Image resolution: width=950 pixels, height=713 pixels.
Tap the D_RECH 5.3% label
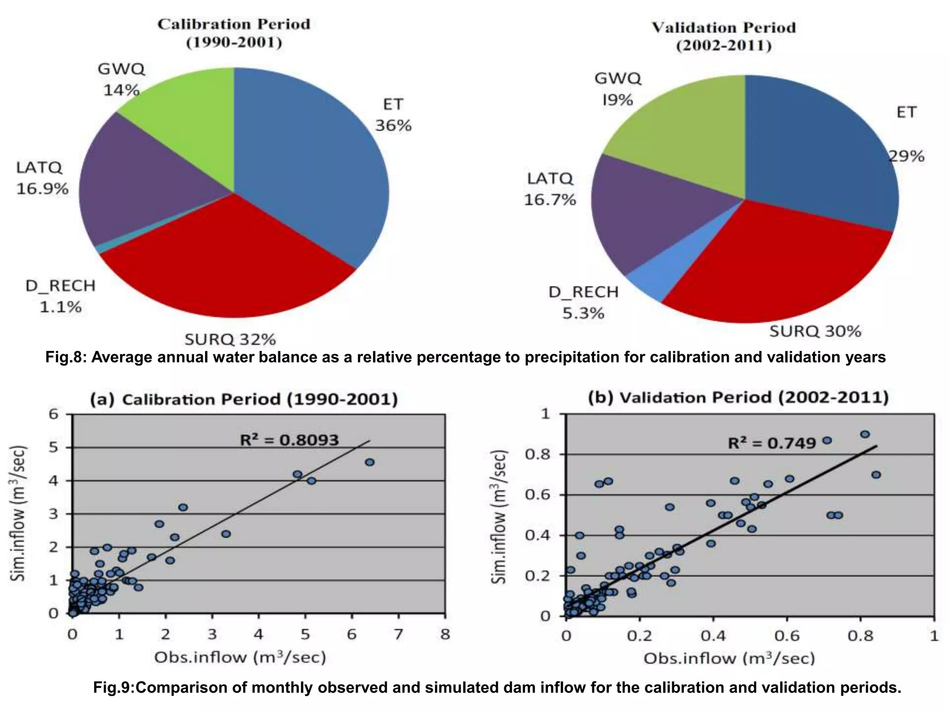584,303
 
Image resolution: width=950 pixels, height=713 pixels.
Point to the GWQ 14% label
122,79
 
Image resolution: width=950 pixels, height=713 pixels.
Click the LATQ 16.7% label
550,189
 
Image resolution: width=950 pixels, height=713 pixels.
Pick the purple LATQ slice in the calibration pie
139,186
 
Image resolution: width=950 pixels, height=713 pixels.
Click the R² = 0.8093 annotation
289,440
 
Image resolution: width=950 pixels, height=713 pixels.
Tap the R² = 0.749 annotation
771,443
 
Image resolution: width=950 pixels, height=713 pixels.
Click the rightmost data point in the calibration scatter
370,462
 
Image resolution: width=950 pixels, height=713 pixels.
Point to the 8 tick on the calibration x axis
445,634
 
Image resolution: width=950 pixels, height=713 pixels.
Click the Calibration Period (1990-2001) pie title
234,33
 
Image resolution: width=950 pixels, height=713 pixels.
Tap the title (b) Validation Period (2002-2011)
738,398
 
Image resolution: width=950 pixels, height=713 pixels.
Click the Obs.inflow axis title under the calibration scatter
240,657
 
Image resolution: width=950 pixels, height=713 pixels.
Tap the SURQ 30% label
815,331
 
